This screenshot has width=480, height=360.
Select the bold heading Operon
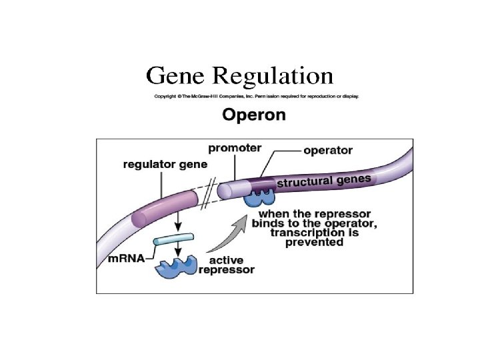point(254,115)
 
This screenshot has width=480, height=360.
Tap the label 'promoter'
point(235,147)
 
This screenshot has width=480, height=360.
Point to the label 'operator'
point(327,151)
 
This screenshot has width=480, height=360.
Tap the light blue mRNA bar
point(173,239)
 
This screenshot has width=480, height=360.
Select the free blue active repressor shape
point(177,266)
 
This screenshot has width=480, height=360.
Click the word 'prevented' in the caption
point(314,242)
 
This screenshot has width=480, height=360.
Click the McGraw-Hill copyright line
point(257,96)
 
